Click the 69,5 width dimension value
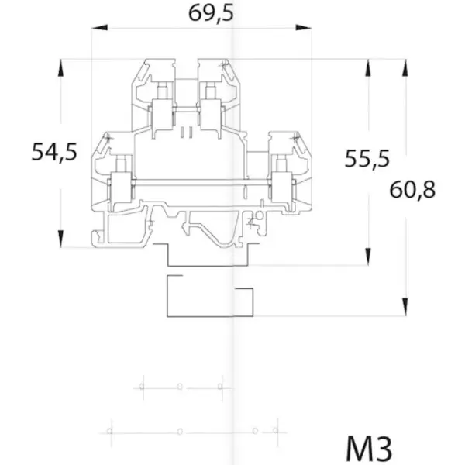211,13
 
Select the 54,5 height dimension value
54,152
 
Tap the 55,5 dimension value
367,159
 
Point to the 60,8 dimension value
412,190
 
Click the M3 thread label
369,449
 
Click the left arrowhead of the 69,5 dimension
100,28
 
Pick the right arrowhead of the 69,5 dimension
304,28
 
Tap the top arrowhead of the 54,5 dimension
60,67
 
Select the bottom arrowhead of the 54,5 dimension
60,239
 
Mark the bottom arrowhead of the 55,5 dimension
368,257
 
